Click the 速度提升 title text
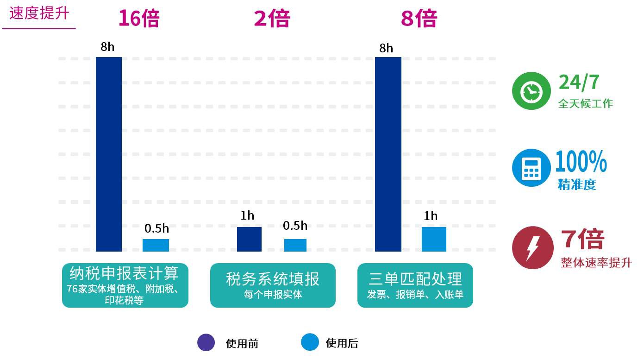pos(39,13)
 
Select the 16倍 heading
pos(138,19)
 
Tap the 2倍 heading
pos(272,19)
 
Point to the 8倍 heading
pos(419,19)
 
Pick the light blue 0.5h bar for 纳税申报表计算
pos(156,245)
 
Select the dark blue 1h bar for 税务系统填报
pos(249,239)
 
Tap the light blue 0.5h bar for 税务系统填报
pos(295,245)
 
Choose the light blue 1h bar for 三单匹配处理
pos(434,239)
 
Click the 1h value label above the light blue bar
pos(430,216)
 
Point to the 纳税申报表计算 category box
pos(125,285)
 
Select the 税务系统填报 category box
pos(273,285)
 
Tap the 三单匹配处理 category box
pos(415,285)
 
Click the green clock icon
pos(531,91)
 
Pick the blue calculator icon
pos(531,168)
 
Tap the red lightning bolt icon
pos(532,247)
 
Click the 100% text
pos(581,162)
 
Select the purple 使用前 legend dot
pos(206,342)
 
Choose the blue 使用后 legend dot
pos(310,342)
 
